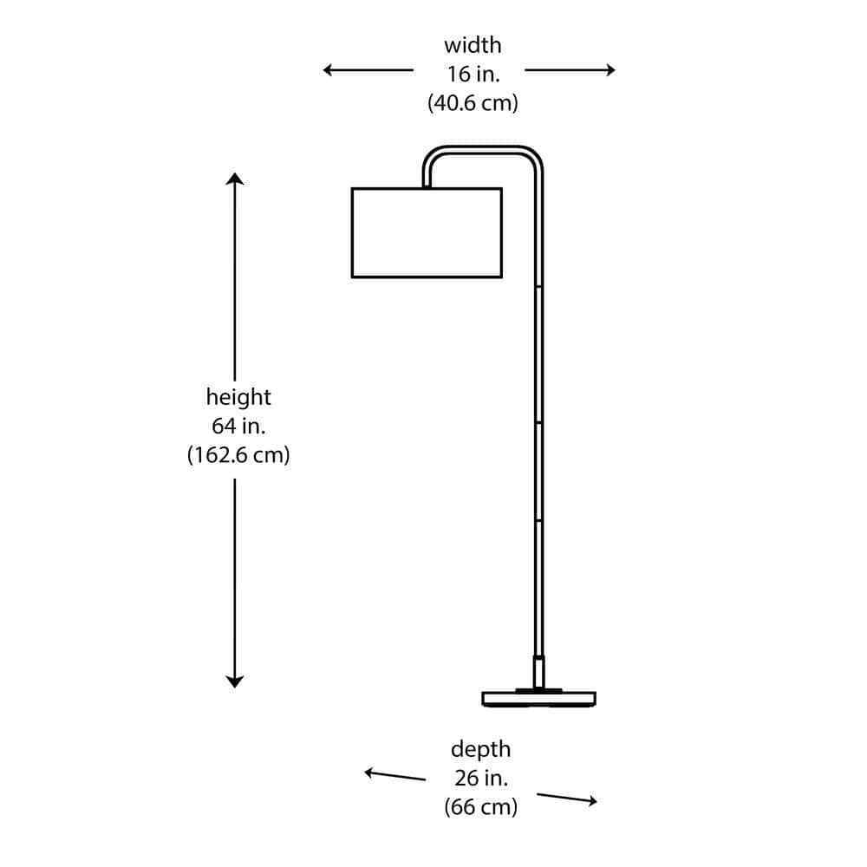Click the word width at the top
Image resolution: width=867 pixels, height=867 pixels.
(473, 45)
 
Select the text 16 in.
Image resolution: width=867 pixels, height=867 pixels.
(473, 74)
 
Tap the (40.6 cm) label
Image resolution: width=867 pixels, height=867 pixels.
(473, 103)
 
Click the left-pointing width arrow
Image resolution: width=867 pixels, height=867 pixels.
(368, 70)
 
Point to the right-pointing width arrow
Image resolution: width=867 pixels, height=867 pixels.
(570, 70)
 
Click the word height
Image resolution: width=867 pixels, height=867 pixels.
(238, 397)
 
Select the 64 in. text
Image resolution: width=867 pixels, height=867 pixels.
(238, 426)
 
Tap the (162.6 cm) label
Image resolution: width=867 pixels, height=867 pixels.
(238, 455)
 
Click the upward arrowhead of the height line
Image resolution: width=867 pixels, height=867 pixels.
(235, 179)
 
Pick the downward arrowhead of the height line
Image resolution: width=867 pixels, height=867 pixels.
(235, 681)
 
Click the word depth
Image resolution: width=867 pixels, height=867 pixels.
(481, 749)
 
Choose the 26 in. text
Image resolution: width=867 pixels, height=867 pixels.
(481, 778)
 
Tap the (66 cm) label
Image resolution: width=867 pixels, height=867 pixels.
(481, 806)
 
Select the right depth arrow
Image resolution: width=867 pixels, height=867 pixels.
(567, 798)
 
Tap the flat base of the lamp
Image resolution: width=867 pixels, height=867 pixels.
(539, 699)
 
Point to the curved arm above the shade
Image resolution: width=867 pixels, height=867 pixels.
(482, 148)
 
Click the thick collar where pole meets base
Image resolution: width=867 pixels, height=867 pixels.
(538, 672)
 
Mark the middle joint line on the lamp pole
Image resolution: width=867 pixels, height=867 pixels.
(538, 422)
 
